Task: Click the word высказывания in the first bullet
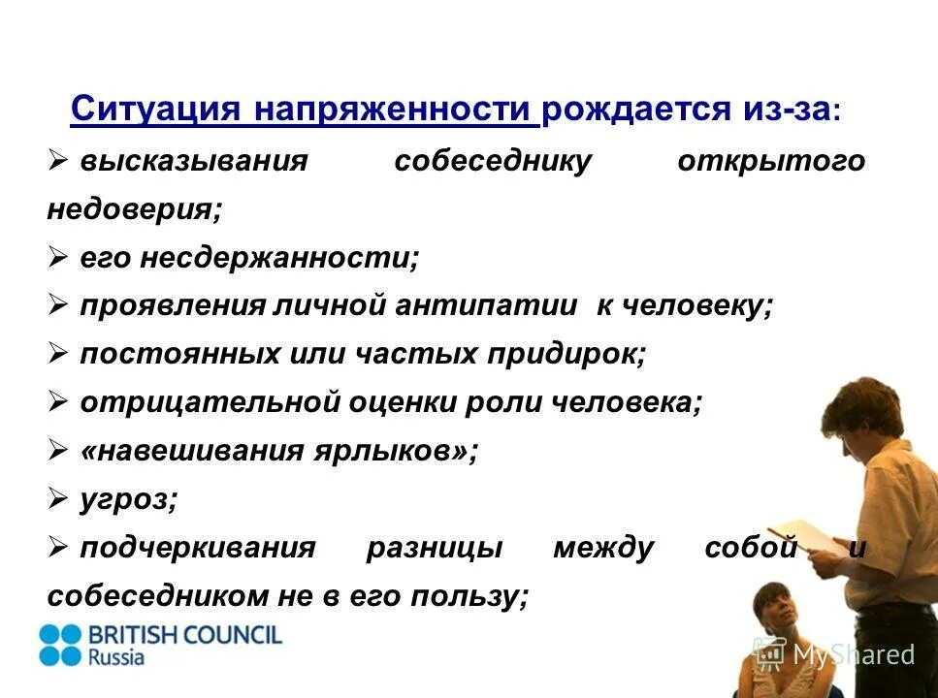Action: [x=193, y=161]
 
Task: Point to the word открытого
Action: [x=770, y=161]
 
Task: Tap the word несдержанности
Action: [x=279, y=257]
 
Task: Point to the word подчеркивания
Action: [x=198, y=548]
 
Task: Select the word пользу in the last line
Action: [x=477, y=596]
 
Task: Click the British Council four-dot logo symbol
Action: [x=61, y=645]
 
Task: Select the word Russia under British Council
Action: [x=116, y=657]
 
